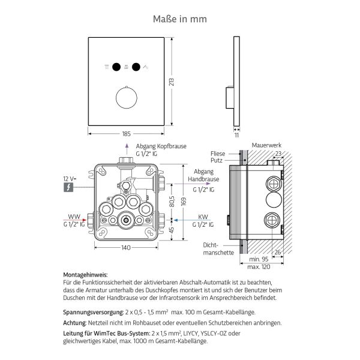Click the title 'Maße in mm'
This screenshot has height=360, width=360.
(180, 19)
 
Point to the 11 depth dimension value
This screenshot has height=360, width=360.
(236, 136)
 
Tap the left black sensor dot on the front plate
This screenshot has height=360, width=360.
(116, 67)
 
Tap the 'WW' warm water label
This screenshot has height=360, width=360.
(74, 217)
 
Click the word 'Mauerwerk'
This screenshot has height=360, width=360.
(266, 145)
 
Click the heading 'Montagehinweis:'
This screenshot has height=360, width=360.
(85, 274)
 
